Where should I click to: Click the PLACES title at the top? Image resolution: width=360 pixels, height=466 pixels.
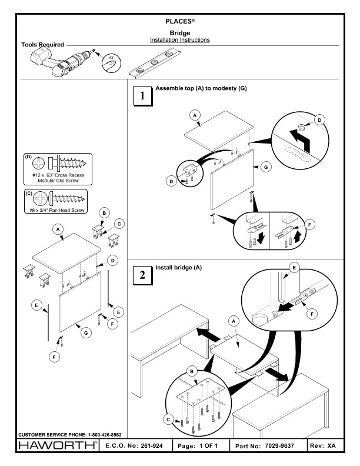tap(180, 21)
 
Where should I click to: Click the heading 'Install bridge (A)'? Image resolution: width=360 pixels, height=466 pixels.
tap(178, 267)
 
